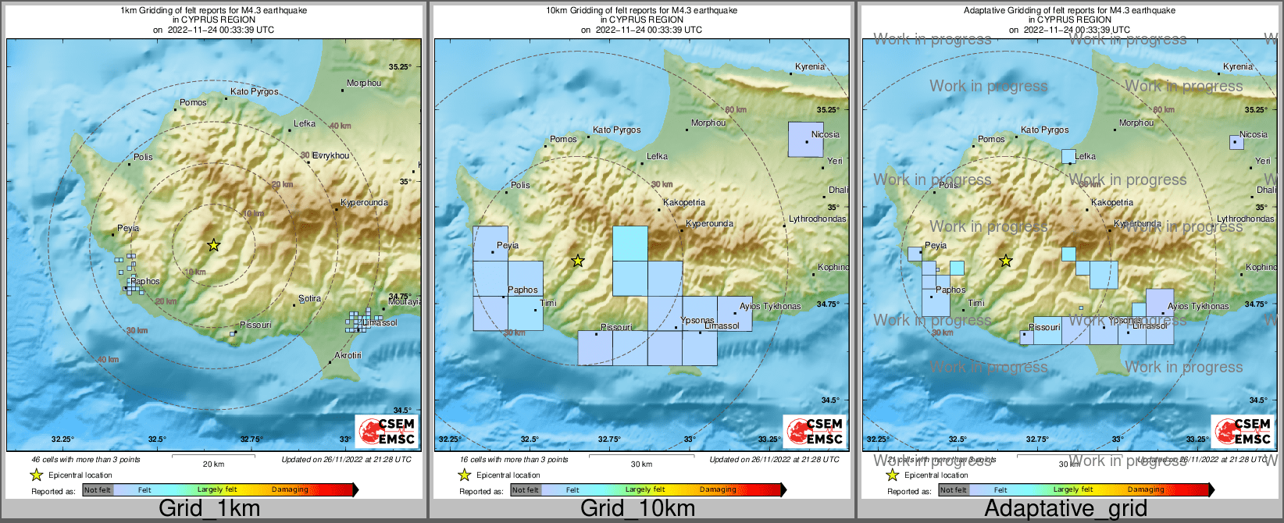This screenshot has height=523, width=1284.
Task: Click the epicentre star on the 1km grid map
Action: click(213, 245)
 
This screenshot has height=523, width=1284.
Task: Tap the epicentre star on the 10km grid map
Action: click(577, 261)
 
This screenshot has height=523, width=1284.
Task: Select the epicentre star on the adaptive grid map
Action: click(1006, 261)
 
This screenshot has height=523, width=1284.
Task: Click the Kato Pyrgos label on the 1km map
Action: click(254, 91)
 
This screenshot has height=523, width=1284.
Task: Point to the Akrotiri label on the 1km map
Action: click(348, 355)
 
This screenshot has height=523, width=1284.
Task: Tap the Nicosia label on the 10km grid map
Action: click(825, 134)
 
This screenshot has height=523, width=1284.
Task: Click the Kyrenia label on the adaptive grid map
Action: click(1238, 66)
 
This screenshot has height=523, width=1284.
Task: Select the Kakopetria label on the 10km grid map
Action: click(684, 202)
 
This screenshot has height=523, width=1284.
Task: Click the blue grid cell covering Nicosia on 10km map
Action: click(805, 140)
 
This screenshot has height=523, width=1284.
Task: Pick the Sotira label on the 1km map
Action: click(310, 298)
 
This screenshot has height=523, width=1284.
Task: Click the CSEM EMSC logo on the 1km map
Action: click(387, 431)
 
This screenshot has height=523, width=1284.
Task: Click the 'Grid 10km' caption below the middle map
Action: click(637, 508)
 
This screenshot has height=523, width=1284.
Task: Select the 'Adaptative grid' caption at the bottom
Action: click(1065, 508)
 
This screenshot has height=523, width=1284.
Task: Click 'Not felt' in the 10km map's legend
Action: click(526, 490)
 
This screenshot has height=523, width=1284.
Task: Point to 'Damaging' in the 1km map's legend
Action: click(290, 489)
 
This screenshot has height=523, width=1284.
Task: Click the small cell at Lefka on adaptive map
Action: click(1068, 156)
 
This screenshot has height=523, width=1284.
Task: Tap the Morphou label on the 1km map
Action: click(364, 83)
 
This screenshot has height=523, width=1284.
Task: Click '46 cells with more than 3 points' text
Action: click(86, 460)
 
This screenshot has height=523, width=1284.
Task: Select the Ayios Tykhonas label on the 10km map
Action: click(770, 306)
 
